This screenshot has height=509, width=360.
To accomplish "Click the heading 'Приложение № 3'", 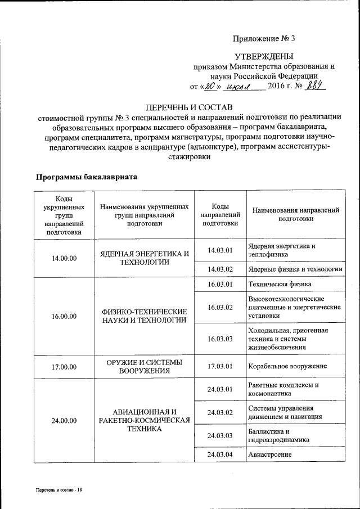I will [x=264, y=38].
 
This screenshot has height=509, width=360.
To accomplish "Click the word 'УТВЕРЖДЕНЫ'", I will [x=264, y=56].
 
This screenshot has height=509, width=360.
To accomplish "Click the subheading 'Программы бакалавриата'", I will [x=87, y=177].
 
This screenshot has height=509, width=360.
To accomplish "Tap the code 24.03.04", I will [x=220, y=454].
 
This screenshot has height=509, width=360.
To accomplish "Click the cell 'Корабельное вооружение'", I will [x=287, y=367].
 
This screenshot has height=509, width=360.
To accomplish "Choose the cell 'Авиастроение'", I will [x=269, y=454].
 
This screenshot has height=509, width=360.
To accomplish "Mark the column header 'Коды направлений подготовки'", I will [x=220, y=215].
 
